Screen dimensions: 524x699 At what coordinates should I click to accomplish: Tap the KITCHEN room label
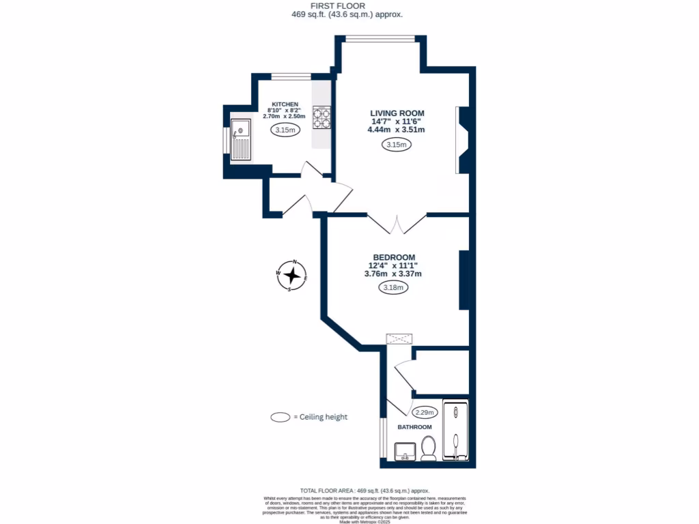[285, 104]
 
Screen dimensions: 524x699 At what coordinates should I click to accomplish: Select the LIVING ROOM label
[397, 113]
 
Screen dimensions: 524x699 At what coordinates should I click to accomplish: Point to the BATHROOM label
[415, 427]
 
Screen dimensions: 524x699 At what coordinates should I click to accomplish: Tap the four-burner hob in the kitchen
[322, 117]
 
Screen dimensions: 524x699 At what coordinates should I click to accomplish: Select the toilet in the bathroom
[429, 450]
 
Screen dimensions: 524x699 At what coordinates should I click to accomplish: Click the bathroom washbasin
[405, 451]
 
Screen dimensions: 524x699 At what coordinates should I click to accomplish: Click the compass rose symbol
[293, 276]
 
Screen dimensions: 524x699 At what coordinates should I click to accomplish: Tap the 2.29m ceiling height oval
[425, 412]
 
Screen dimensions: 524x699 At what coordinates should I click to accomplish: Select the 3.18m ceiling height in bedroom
[393, 287]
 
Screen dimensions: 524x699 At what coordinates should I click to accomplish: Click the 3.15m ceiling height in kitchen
[285, 130]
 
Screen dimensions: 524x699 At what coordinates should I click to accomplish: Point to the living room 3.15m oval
[396, 145]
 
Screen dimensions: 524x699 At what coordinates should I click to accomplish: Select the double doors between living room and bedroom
[398, 223]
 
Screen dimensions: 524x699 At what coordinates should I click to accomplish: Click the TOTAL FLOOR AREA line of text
[365, 491]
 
